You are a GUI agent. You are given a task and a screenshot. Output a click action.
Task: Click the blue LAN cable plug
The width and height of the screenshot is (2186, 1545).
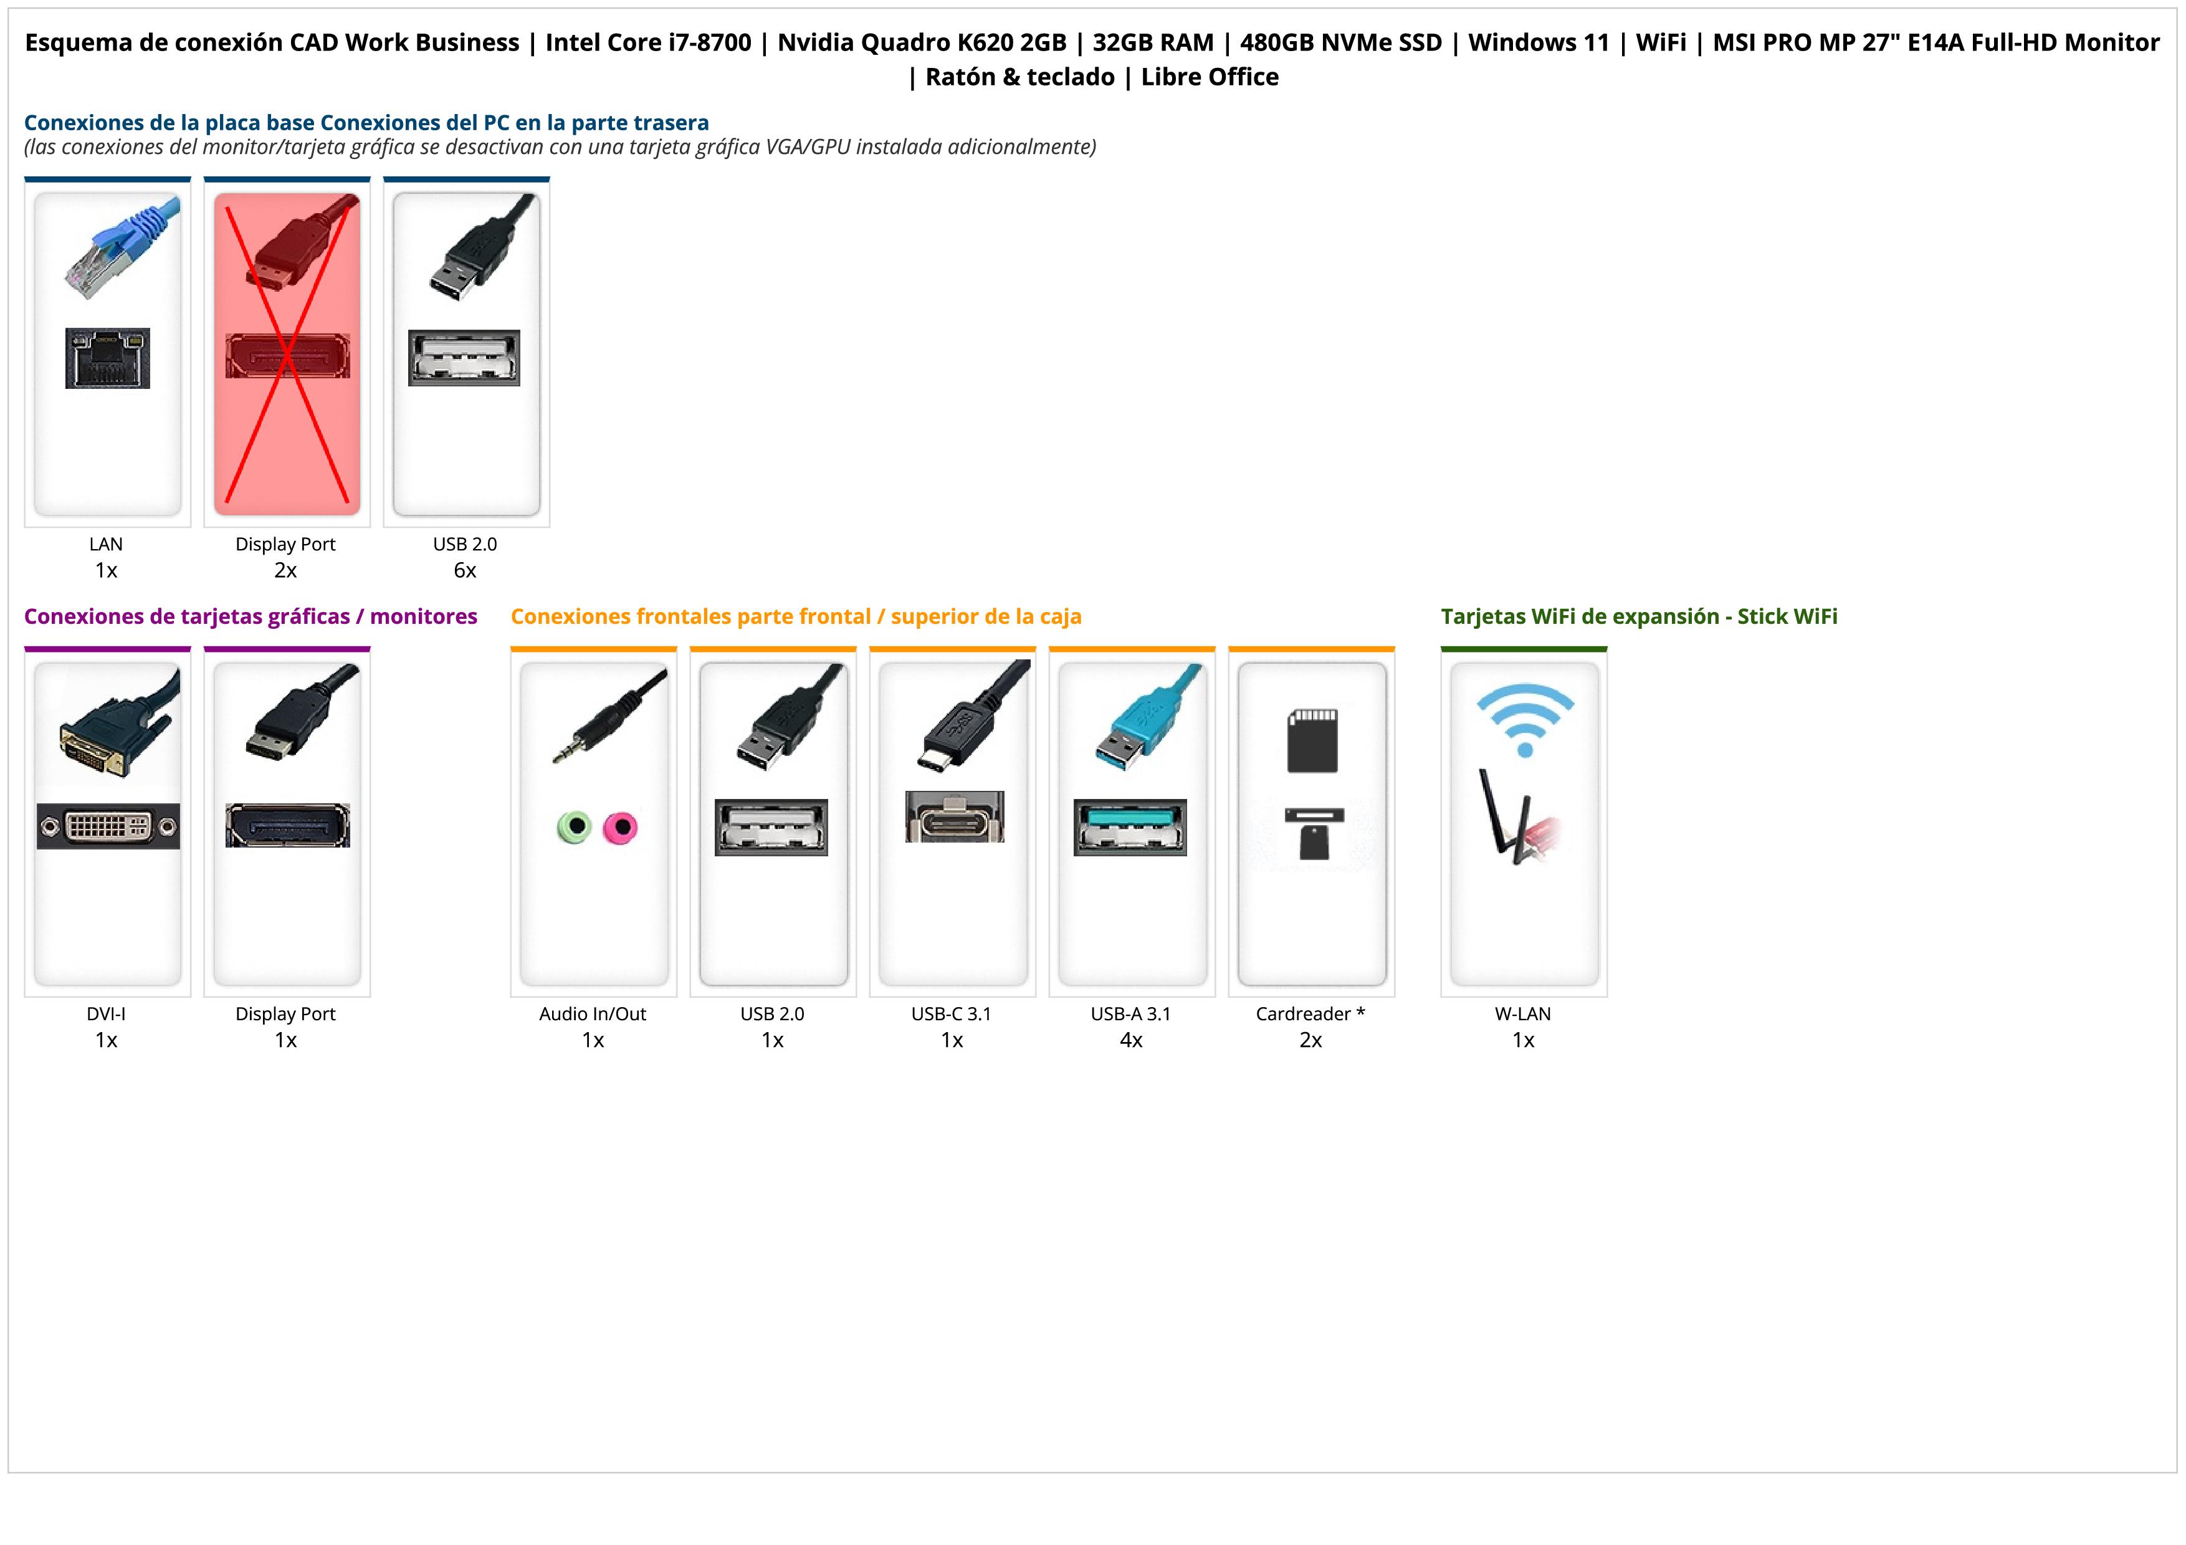[121, 246]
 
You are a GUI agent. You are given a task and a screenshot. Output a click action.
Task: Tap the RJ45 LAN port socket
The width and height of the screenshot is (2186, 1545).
[108, 358]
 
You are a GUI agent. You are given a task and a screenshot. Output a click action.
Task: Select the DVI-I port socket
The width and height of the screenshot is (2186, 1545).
[108, 826]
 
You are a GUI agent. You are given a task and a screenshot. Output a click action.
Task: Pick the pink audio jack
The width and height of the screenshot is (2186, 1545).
[620, 827]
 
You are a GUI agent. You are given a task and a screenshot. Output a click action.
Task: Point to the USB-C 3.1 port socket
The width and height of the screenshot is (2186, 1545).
[954, 817]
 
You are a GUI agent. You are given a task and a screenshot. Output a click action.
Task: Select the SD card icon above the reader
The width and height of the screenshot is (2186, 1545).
[1312, 740]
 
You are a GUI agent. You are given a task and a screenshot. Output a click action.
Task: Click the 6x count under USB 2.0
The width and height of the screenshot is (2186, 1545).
[465, 570]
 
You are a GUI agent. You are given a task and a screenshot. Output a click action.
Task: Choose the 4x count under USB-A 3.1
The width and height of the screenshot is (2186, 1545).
[1131, 1040]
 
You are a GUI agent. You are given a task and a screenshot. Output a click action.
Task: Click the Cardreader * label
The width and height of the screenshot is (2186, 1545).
[1310, 1014]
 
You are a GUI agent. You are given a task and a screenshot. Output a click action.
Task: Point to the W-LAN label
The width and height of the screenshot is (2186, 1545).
[1522, 1014]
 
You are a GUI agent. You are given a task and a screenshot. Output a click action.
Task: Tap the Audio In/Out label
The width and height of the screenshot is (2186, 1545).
[592, 1014]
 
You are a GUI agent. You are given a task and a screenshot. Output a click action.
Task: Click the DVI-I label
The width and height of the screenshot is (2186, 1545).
[106, 1014]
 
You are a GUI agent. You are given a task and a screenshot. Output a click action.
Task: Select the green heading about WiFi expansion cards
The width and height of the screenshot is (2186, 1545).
[1638, 617]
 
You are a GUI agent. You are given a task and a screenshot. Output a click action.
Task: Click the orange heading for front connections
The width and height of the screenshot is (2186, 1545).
[796, 617]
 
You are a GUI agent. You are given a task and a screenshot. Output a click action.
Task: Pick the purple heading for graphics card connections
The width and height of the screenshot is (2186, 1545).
[251, 617]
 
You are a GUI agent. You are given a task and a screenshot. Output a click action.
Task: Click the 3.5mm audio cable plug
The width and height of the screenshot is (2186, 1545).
[609, 715]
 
